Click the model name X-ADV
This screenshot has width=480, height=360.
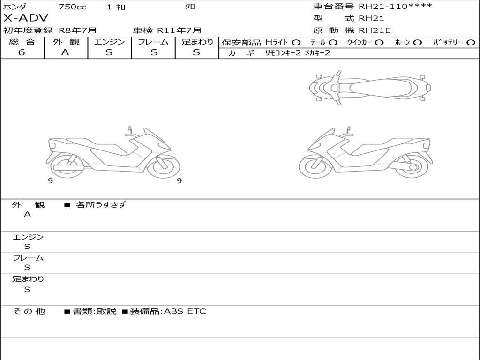click(x=26, y=18)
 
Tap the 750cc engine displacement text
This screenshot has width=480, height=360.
click(x=73, y=7)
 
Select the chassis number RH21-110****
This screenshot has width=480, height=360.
click(x=395, y=6)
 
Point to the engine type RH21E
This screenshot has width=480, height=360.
click(x=375, y=30)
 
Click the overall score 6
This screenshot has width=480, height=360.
click(x=22, y=52)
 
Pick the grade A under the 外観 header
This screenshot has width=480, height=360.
click(x=65, y=52)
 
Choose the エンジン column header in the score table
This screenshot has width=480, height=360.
click(x=109, y=42)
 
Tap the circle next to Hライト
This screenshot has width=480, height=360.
click(x=296, y=43)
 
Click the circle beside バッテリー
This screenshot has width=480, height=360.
click(x=471, y=43)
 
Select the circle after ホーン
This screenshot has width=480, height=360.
click(x=418, y=43)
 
